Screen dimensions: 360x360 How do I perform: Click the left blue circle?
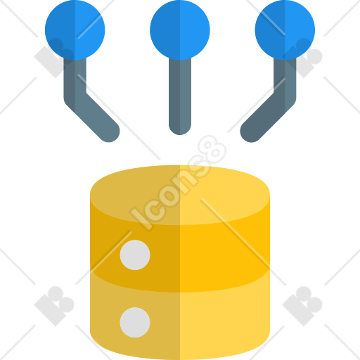point(75,30)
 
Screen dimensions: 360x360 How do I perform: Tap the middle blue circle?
point(180,30)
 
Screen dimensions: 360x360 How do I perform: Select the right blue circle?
point(285,30)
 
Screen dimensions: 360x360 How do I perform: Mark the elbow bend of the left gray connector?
point(75,98)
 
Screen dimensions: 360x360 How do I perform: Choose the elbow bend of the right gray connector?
point(285,98)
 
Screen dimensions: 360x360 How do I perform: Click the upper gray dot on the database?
point(135,255)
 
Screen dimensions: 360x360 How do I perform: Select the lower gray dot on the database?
point(135,323)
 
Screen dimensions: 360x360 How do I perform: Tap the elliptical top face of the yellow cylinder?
point(180,195)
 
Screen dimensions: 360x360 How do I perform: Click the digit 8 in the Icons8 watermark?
point(212,150)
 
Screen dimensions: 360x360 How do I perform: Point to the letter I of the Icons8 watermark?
point(141,218)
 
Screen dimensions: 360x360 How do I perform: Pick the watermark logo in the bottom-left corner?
point(54,306)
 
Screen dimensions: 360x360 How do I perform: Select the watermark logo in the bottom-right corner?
point(302,306)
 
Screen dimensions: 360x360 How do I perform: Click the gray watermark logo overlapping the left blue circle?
point(54,58)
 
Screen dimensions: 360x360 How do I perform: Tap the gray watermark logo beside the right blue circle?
point(302,58)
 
